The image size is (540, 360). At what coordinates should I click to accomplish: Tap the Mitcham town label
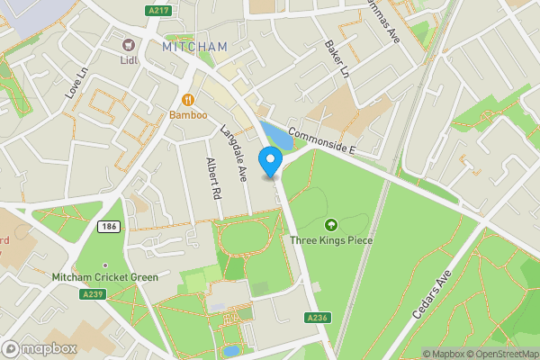[x=195, y=45]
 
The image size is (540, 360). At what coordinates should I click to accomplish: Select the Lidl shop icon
[x=129, y=45]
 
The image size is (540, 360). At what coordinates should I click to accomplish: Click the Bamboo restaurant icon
[x=188, y=100]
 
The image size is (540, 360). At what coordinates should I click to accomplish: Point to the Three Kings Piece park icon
[x=330, y=225]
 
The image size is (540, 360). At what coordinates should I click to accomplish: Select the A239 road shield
[x=92, y=293]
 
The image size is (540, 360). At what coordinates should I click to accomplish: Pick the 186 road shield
[x=109, y=227]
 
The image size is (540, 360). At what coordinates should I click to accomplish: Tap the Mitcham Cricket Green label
[x=105, y=277]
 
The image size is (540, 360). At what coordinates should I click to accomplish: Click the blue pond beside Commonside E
[x=275, y=138]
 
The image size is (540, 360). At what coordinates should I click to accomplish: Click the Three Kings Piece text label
[x=330, y=240]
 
